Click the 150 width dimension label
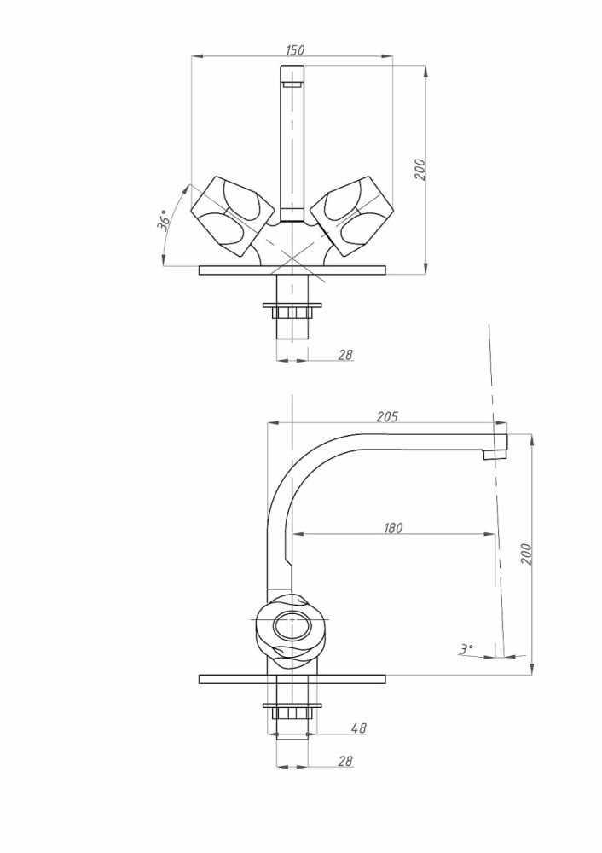(295, 50)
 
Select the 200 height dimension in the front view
(420, 170)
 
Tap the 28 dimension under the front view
(345, 355)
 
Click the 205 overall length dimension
(387, 417)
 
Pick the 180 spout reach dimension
(392, 528)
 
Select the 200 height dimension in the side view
(526, 554)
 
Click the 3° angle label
(466, 648)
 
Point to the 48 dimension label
(359, 728)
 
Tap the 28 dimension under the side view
(345, 761)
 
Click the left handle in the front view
(232, 216)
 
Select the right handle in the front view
(353, 216)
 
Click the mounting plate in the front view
(292, 270)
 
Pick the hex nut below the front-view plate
(292, 312)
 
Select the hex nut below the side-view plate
(292, 712)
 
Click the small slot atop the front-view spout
(292, 84)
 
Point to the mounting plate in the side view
(292, 679)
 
